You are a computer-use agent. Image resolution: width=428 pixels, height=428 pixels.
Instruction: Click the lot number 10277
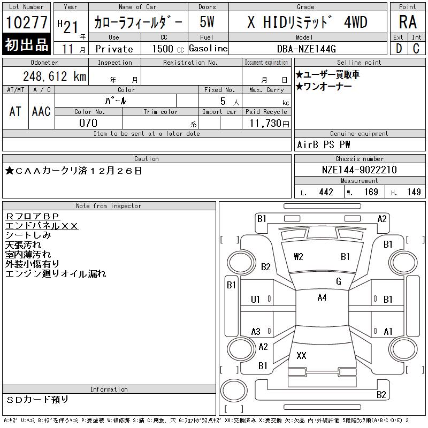point(27,22)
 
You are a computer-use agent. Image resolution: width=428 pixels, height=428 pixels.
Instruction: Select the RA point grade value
point(408,22)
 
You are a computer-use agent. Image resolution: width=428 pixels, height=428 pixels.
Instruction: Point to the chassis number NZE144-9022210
point(359,170)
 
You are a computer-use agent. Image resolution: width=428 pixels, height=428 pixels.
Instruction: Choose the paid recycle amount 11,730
point(266,123)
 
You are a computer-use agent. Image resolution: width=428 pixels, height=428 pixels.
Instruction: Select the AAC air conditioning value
point(41,111)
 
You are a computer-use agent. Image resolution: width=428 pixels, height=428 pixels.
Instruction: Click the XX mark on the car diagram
point(301,355)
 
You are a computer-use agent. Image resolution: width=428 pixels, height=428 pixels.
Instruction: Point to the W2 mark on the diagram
point(299,257)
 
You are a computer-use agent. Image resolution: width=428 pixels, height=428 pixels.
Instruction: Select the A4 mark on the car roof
point(322,297)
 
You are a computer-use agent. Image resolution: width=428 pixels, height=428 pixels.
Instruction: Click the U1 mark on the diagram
point(256,300)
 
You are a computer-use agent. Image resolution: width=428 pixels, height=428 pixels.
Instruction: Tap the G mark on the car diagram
point(339,281)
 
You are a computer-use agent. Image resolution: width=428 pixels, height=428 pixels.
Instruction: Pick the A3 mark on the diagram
point(256,332)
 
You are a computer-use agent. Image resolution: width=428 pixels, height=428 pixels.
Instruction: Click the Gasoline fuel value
point(208,49)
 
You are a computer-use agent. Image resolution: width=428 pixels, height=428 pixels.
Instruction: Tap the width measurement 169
point(370,192)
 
